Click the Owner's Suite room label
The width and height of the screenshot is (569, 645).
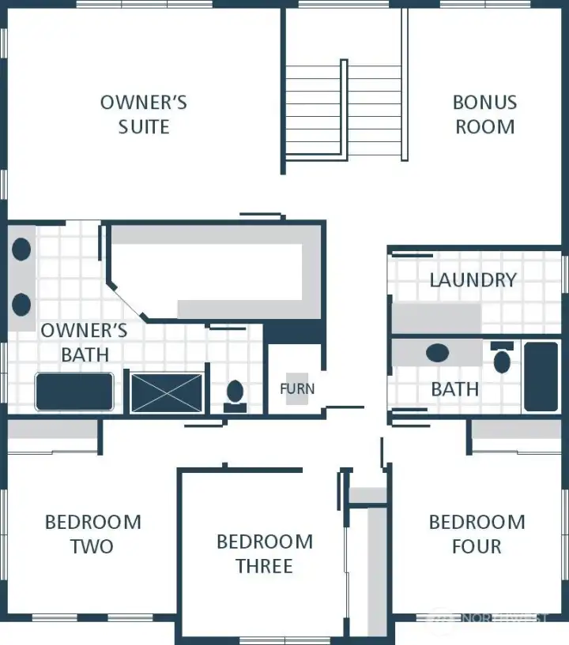[x=143, y=114]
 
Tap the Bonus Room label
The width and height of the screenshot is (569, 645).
[x=484, y=114]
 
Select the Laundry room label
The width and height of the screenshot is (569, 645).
[x=473, y=279]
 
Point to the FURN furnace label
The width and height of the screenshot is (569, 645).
[x=297, y=388]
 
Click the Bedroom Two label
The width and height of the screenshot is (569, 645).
[x=92, y=534]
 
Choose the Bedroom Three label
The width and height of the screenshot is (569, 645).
[x=264, y=553]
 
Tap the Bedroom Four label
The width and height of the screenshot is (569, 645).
[x=477, y=534]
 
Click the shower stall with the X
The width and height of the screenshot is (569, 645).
[x=167, y=392]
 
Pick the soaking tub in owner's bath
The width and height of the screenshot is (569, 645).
[x=74, y=392]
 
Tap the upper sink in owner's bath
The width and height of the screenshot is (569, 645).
[x=21, y=249]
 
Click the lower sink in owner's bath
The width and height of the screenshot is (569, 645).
[x=21, y=303]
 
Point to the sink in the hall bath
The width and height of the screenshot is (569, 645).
[x=438, y=352]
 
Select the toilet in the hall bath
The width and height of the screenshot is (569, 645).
[x=502, y=359]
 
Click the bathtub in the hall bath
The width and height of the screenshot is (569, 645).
[x=541, y=376]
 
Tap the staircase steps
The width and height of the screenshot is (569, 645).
[x=314, y=111]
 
